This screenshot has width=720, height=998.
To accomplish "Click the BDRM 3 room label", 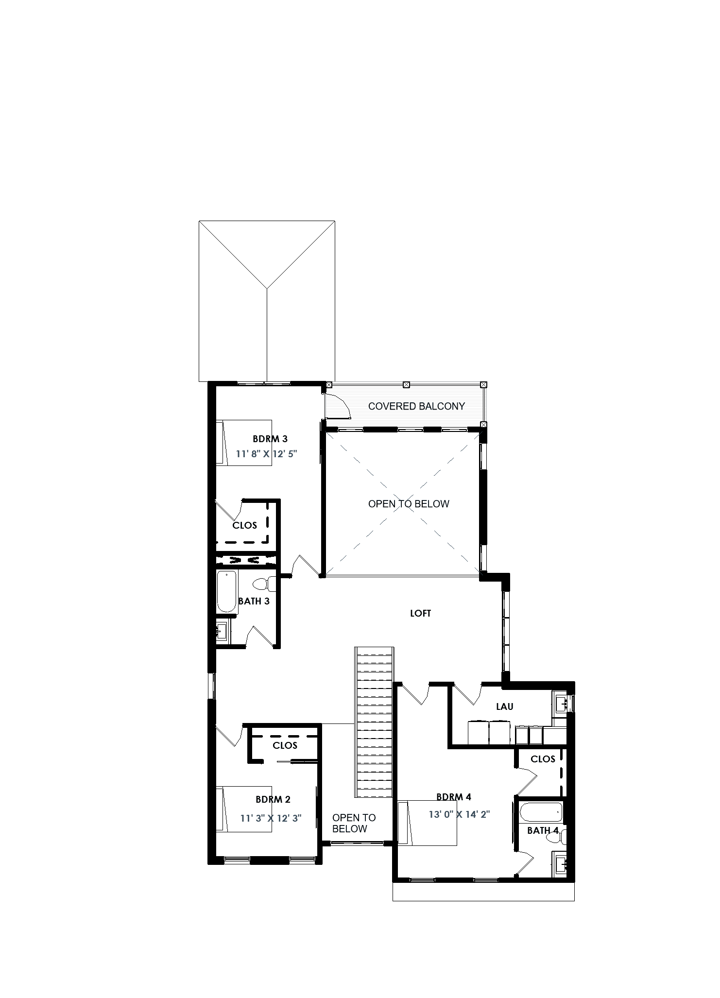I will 270,439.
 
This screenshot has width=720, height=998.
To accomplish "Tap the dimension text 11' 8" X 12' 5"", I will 266,454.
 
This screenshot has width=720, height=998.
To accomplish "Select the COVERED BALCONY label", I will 416,406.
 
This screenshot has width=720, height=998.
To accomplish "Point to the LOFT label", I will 420,613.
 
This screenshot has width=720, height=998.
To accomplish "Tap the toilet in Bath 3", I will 264,584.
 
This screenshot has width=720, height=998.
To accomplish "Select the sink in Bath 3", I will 222,632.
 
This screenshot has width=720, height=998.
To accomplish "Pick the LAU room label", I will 504,706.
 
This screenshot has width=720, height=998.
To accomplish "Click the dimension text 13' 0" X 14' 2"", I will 459,814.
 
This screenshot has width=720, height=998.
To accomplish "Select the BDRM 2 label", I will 273,799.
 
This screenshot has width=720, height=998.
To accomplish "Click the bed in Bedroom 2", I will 244,809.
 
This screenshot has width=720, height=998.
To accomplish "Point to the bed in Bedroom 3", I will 244,443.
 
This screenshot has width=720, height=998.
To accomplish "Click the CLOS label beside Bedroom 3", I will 244,525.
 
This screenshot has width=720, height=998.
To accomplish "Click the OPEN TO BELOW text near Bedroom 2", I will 354,823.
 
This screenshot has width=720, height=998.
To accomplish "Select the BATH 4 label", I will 543,830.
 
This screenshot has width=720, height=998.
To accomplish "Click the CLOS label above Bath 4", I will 543,759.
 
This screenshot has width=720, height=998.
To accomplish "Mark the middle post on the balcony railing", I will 407,385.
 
